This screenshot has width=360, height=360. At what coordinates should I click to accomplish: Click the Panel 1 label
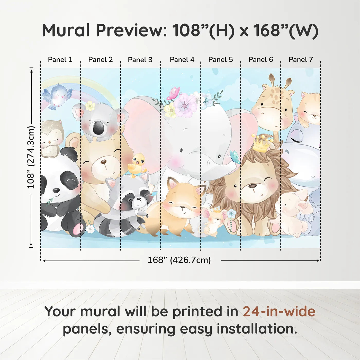pos(60,60)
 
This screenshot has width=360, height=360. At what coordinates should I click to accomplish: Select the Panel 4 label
pos(182,60)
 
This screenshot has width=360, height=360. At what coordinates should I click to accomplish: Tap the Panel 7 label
pos(301,60)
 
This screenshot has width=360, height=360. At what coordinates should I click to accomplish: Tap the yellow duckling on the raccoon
pos(137,165)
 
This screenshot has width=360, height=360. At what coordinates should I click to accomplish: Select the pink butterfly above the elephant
pos(174,93)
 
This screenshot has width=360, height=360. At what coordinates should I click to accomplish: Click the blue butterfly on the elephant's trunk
pos(235,157)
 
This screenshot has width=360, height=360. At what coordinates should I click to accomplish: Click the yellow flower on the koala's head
pos(90,106)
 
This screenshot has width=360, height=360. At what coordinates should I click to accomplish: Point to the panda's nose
pos(56,191)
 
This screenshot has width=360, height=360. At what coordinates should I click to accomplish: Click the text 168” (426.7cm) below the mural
pos(179,260)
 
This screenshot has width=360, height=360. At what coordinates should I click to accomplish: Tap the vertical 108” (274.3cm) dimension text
pos(31,157)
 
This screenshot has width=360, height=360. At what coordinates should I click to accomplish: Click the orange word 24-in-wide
pos(279,312)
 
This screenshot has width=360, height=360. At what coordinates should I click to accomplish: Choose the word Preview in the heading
pos(131,30)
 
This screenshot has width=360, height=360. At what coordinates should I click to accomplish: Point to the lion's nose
pos(252,186)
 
